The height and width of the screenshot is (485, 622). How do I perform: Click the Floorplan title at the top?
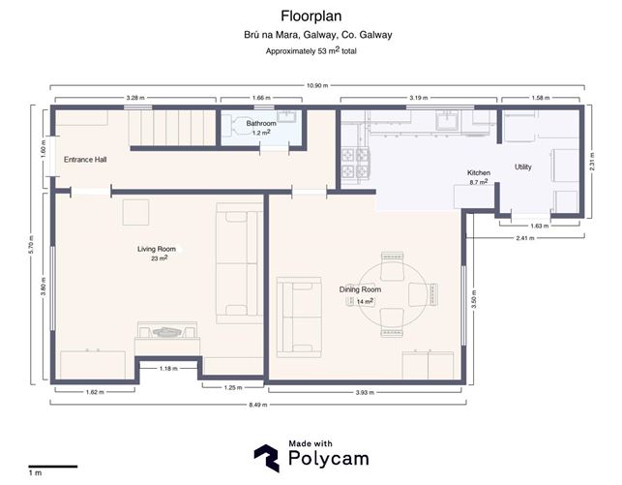tap(311, 15)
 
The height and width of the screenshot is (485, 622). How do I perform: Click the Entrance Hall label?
tap(85, 159)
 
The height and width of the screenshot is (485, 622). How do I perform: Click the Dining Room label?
tap(360, 289)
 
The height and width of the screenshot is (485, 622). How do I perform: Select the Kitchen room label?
tap(479, 172)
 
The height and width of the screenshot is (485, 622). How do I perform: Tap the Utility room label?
tap(522, 167)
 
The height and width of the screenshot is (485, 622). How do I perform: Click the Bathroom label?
tap(261, 124)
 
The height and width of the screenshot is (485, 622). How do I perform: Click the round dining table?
tap(393, 291)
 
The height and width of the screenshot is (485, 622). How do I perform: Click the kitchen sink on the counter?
tap(449, 121)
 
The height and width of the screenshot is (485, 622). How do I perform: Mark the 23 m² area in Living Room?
tap(159, 259)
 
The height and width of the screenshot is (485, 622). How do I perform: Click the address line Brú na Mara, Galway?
tap(311, 35)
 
